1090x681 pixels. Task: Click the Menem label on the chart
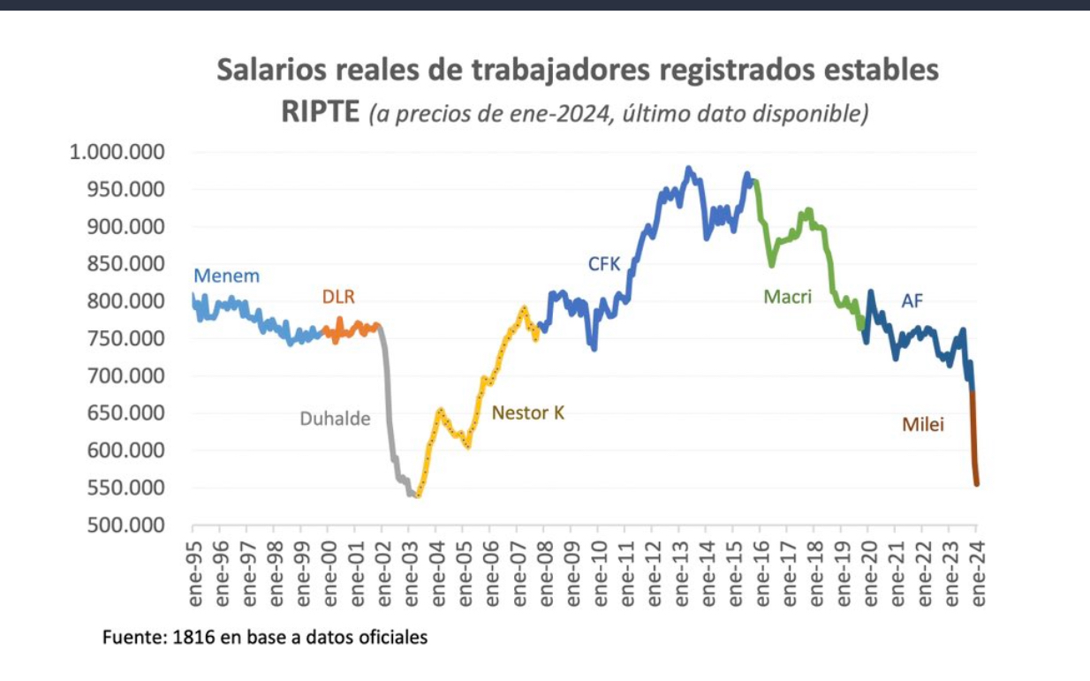[x=226, y=276]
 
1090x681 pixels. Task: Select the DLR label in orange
[x=337, y=297]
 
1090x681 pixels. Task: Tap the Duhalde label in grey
[x=334, y=419]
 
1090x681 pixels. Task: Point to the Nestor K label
[x=527, y=412]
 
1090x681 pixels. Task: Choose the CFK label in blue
[x=605, y=263]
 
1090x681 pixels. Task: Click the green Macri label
[x=787, y=297]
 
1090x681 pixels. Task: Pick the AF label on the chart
[x=912, y=301]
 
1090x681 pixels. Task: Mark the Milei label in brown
[x=923, y=425]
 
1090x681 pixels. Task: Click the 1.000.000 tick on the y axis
[x=117, y=152]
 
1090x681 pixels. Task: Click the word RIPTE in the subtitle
[x=320, y=112]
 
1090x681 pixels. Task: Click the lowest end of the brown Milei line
[x=977, y=484]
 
